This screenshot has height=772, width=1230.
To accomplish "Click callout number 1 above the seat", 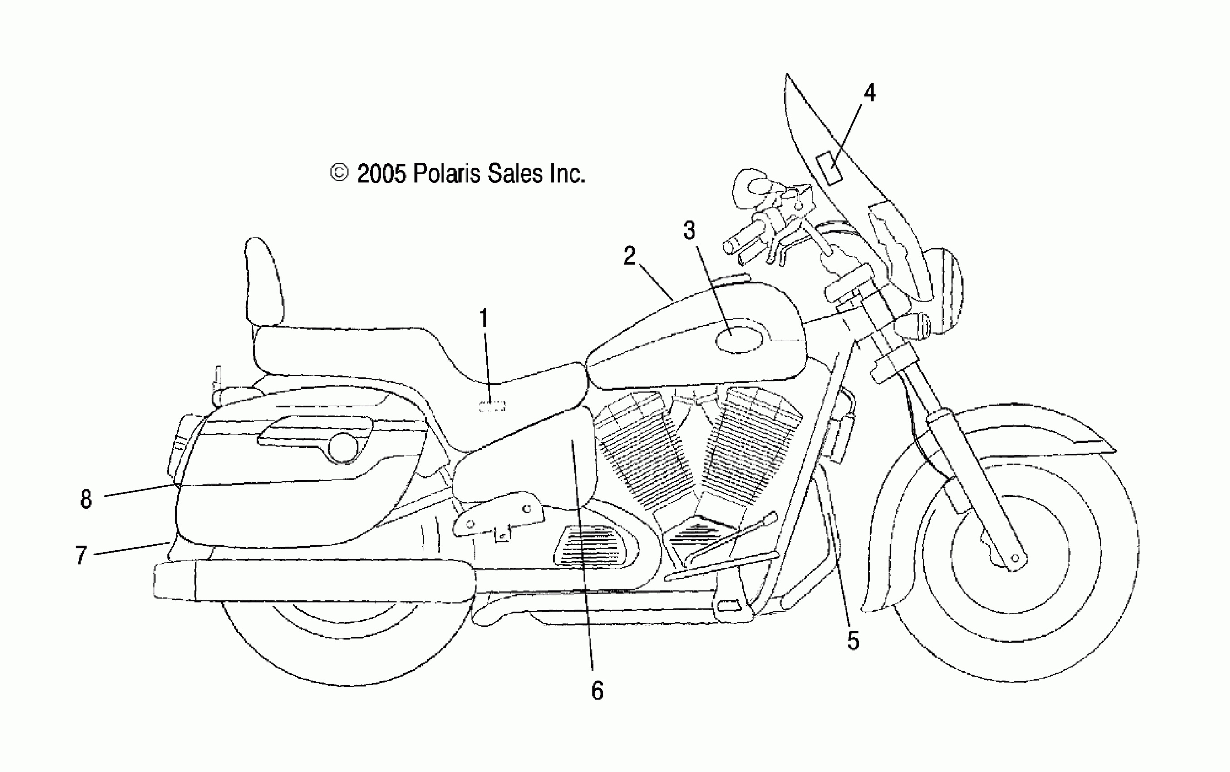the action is (484, 319).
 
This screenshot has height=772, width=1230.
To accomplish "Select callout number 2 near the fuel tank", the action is (629, 256).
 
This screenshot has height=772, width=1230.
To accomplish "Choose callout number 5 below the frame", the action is (853, 640).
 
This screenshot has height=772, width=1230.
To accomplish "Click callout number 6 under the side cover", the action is (597, 691).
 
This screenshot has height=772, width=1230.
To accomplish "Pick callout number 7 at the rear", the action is (81, 555).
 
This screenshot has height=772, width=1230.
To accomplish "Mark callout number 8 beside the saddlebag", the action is (86, 499).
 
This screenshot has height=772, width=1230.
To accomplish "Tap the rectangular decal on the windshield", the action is (828, 168).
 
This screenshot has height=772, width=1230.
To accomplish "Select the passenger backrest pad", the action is (264, 281).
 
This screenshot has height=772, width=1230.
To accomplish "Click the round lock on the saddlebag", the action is (342, 447).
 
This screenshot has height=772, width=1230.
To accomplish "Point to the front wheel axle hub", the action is (1014, 558).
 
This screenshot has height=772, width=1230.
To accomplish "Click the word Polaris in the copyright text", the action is (447, 174).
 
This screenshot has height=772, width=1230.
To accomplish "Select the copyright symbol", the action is (339, 173).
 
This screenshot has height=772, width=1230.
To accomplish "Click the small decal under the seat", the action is (492, 407).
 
